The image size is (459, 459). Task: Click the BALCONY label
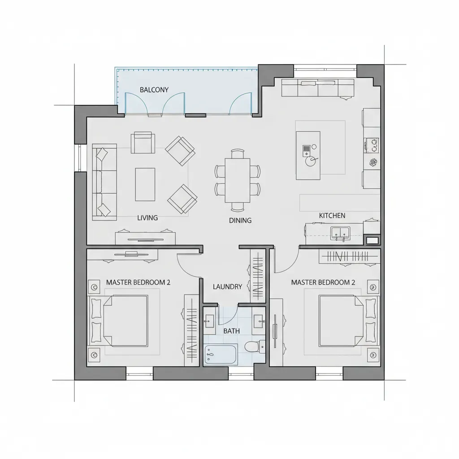click(x=154, y=90)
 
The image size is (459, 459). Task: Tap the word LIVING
click(x=147, y=218)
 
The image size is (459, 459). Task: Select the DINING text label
click(x=240, y=220)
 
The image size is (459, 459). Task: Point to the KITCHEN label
click(x=332, y=216)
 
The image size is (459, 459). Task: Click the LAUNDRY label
click(x=227, y=286)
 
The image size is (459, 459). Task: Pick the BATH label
click(x=231, y=331)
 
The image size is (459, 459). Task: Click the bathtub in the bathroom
click(x=221, y=355)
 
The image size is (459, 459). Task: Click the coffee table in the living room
click(x=145, y=184)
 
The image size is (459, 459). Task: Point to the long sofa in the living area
click(x=104, y=182)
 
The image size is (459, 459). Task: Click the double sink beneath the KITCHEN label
click(x=340, y=232)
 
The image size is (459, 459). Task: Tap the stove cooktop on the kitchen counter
click(x=372, y=144)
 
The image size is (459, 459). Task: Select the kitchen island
click(x=308, y=155)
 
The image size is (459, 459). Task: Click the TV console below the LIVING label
click(x=145, y=238)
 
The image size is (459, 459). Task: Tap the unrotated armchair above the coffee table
click(x=143, y=143)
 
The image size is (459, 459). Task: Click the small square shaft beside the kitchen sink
click(x=372, y=241)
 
